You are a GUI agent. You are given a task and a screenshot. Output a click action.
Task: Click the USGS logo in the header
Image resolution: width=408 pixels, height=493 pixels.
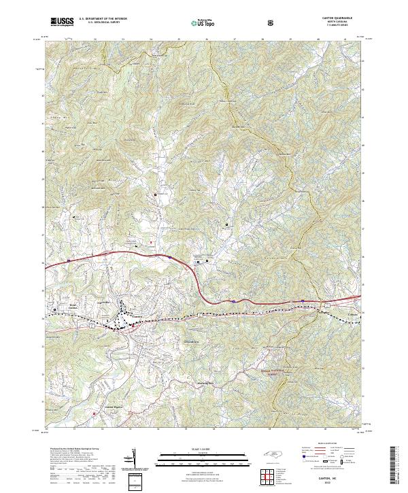click(x=61, y=22)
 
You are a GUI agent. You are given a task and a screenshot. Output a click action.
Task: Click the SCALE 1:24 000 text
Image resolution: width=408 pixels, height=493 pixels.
click(x=202, y=447)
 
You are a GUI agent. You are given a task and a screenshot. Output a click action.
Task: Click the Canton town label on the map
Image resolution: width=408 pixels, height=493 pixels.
click(x=137, y=316)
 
